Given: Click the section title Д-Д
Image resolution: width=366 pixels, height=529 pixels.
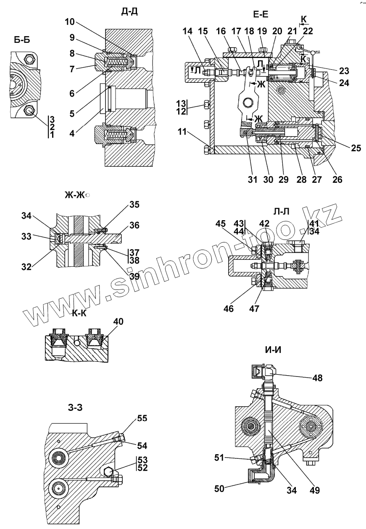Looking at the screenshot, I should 129,11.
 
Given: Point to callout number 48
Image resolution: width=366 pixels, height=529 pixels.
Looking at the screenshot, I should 317,378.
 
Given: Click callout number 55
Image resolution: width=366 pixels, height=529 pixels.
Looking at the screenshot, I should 142,418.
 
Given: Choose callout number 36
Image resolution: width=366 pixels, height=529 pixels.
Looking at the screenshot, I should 134,226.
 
